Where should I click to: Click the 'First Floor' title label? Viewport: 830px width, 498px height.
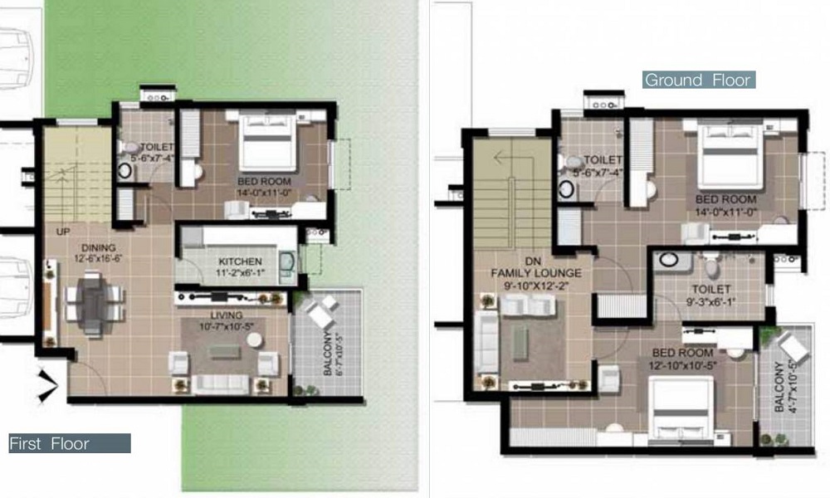(49, 443)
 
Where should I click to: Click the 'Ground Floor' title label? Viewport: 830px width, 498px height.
(698, 80)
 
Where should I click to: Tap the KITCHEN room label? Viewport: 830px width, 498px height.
(241, 261)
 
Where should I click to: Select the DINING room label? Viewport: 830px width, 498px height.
(99, 247)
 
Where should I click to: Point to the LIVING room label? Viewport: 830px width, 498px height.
(227, 315)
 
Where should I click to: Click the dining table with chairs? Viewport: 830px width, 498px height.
(95, 304)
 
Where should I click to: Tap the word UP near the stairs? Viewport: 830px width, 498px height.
(63, 232)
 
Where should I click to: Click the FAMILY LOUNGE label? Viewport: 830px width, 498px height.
(535, 273)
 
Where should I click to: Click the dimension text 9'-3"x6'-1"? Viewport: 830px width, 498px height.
(711, 301)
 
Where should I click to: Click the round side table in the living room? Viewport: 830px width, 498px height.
(255, 339)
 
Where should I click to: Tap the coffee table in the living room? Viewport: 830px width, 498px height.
(224, 351)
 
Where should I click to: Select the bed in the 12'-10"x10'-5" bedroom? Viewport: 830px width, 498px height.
(681, 409)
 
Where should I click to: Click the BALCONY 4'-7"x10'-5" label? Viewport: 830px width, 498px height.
(785, 385)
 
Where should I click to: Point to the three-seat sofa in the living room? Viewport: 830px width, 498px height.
(220, 384)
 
